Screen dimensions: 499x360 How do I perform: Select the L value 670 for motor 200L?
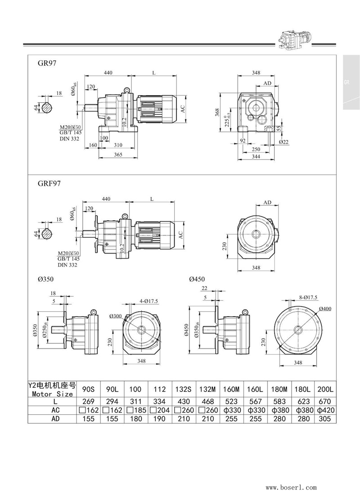(x=324, y=401)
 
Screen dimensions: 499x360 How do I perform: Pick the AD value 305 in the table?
(x=324, y=418)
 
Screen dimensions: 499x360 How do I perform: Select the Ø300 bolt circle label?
(x=129, y=316)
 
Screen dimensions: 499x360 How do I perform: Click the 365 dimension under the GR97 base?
(x=117, y=155)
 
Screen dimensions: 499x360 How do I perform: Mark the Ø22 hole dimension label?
(x=283, y=141)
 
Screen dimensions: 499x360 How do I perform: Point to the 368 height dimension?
(x=216, y=111)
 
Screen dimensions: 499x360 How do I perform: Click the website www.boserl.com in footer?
(x=291, y=487)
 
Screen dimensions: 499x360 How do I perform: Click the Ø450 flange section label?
(x=197, y=279)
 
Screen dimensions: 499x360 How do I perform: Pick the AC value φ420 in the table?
(x=324, y=410)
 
